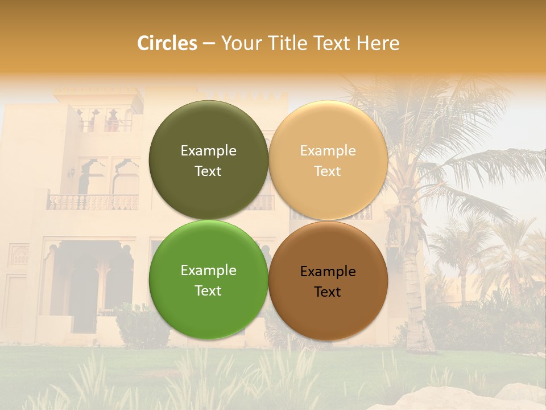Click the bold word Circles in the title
click(167, 43)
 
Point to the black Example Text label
click(328, 281)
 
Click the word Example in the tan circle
click(328, 151)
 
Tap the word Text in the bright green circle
click(208, 290)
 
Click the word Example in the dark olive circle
click(208, 151)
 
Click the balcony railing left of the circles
click(93, 202)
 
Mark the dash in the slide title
click(209, 43)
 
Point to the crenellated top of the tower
click(97, 91)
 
